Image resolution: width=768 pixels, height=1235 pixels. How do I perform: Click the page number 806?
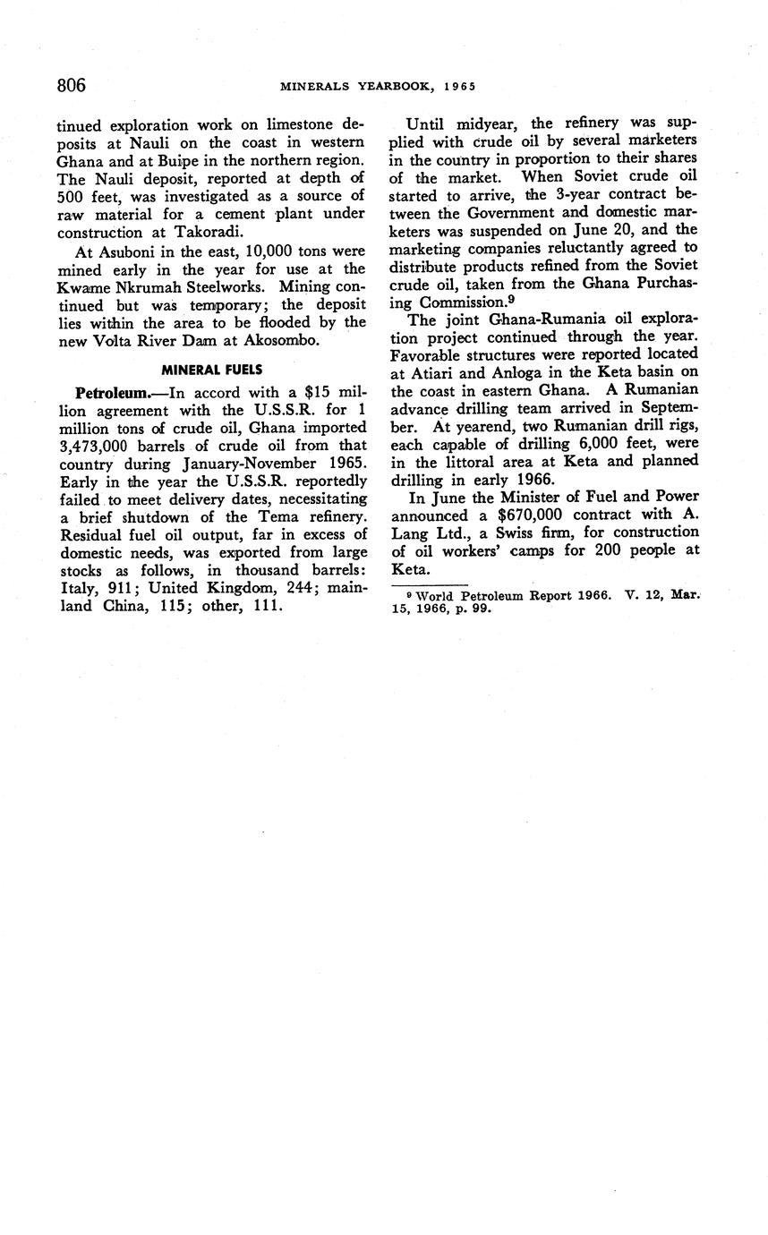[x=72, y=85]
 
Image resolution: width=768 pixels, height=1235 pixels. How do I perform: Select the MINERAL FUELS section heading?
[x=212, y=368]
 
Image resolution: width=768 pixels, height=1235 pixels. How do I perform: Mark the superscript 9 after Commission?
[x=510, y=299]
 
